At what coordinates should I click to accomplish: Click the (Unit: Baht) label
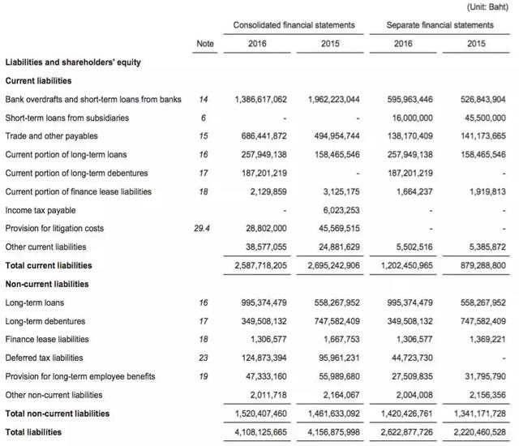489,7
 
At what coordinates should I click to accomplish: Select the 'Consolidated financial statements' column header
294,25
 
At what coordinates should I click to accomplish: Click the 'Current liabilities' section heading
38,81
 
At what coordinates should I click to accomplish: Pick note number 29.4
203,229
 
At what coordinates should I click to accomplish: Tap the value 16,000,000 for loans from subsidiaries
410,118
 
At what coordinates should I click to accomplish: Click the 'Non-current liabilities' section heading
46,284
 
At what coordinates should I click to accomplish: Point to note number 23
203,358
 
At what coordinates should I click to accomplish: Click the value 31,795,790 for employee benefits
484,376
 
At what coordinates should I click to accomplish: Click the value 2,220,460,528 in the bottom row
480,432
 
